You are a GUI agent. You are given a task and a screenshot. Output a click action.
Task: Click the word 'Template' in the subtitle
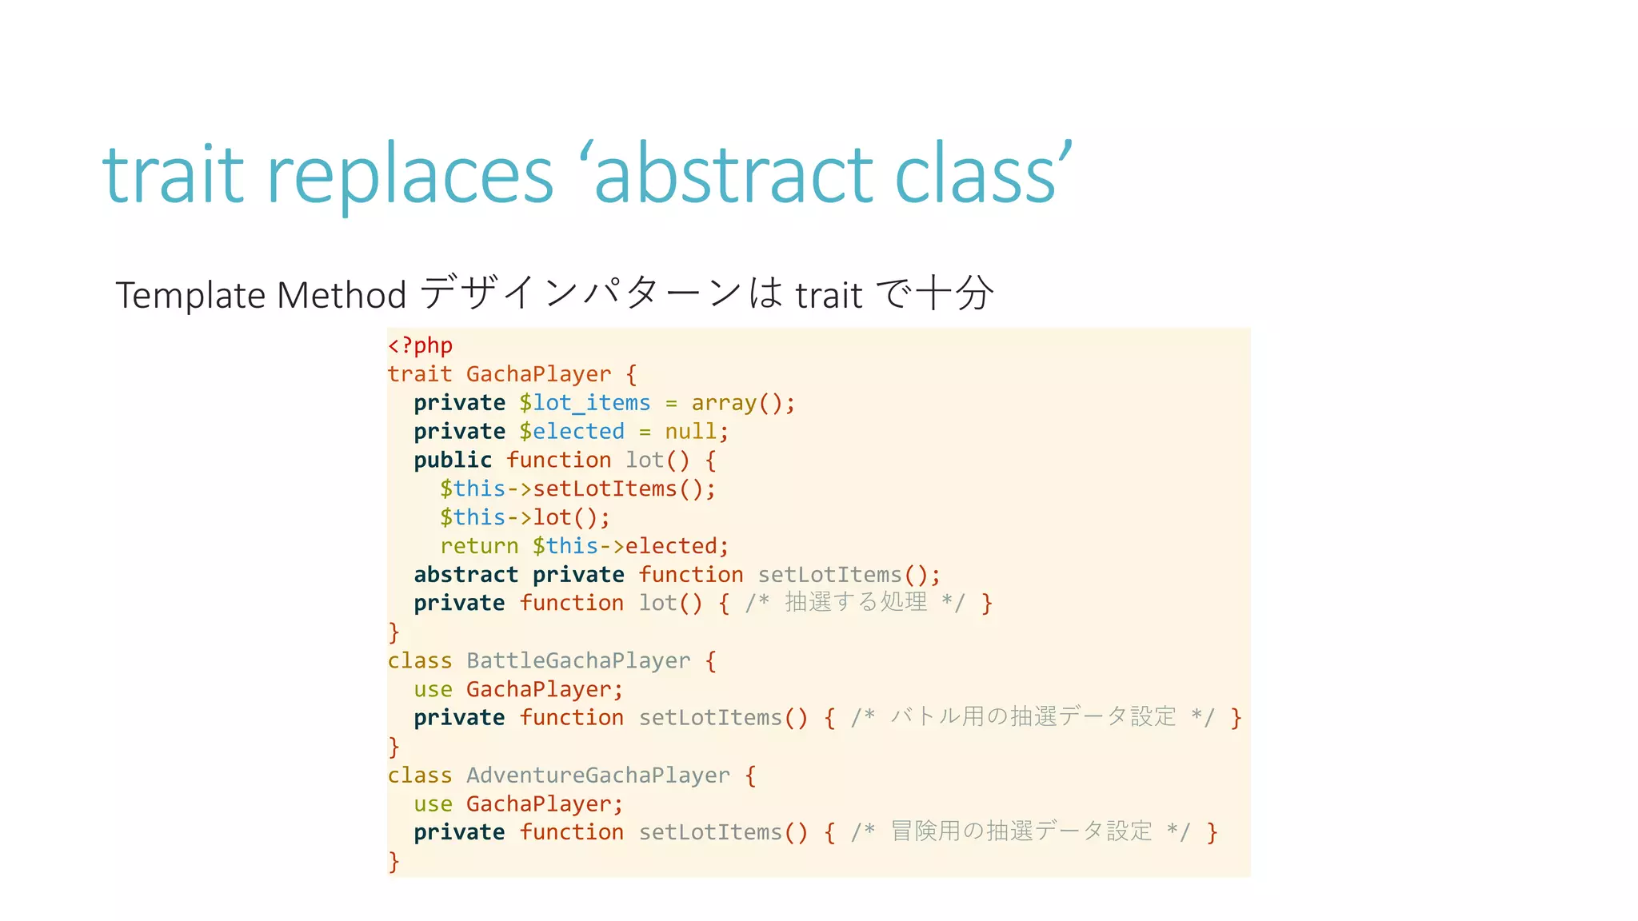point(190,295)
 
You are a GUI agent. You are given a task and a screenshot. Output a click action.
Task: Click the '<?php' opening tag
point(420,345)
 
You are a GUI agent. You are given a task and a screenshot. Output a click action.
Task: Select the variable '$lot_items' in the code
point(585,403)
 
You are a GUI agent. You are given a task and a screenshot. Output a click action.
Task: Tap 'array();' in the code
point(743,403)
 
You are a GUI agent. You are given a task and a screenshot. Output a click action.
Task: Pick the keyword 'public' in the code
point(453,460)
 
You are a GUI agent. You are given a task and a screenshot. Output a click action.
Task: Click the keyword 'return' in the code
point(479,546)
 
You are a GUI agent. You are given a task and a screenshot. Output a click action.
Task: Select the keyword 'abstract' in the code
point(466,575)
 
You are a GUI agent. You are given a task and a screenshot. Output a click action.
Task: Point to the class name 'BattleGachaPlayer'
point(577,660)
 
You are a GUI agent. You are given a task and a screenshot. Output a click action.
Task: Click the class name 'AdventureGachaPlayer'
point(597,775)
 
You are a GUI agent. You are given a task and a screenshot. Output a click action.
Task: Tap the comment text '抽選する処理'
point(856,602)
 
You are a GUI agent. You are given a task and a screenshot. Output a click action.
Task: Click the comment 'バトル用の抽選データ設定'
point(1033,716)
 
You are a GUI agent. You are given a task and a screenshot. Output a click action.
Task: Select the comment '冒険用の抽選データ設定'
point(1021,831)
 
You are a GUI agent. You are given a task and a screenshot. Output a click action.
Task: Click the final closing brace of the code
point(394,861)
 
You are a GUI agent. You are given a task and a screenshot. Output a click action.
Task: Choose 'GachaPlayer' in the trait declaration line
point(538,374)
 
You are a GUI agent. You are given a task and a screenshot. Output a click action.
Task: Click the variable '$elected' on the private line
point(571,432)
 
